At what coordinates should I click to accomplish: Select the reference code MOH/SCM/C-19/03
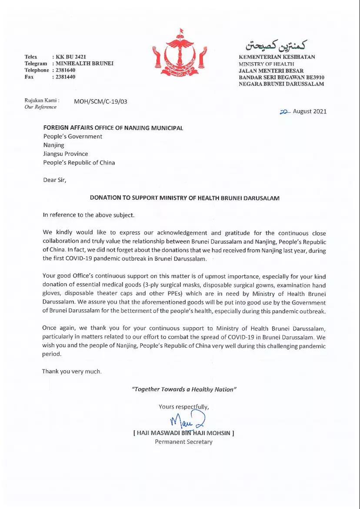100,102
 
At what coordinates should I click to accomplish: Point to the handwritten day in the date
285,111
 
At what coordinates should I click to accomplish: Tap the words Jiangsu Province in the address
65,154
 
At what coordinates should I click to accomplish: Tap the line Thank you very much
72,372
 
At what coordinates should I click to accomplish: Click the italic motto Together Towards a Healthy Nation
184,389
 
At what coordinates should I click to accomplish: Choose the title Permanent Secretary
184,442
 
